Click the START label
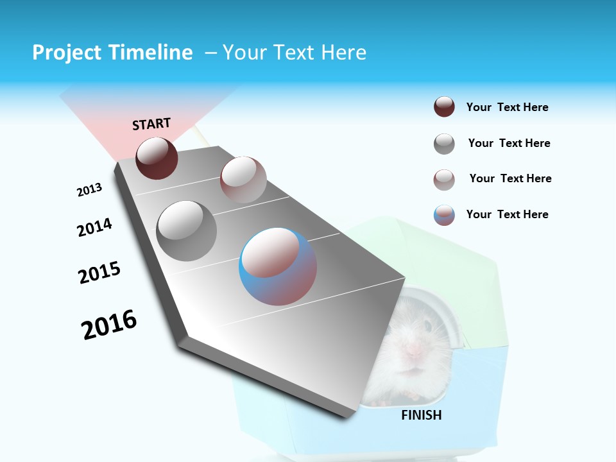[151, 124]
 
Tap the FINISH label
[422, 415]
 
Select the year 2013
[89, 190]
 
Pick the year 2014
[94, 227]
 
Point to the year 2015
[99, 273]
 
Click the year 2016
[109, 325]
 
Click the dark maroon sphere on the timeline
[157, 158]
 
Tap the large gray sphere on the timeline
[186, 231]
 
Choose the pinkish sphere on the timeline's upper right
[243, 179]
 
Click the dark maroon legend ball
[444, 107]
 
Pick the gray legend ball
[444, 144]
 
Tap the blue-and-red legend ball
[444, 215]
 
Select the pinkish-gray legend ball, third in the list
[444, 180]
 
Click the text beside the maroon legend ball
[507, 107]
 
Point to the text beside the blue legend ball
[507, 214]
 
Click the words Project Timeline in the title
[112, 53]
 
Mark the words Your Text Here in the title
[295, 53]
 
